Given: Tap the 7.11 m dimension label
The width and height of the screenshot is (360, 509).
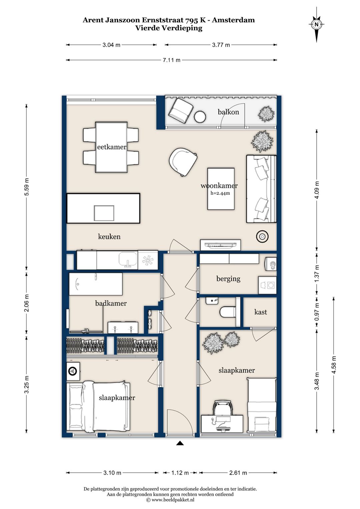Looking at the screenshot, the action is coord(171,60).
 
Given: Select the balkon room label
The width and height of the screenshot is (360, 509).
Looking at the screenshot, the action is coord(228,112).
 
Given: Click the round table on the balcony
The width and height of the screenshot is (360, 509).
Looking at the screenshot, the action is coord(200,117).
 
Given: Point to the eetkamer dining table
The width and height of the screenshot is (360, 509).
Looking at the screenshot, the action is coord(111,147).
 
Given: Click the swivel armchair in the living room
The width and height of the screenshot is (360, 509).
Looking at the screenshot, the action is coord(183,162).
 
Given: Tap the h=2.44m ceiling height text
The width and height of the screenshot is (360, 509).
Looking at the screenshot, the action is coord(220,193).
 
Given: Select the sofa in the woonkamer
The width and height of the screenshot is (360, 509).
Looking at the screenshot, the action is coord(261,189).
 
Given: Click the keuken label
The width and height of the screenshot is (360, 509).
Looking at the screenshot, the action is coord(109,236).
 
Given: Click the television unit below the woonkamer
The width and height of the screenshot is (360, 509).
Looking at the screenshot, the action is coord(220,245).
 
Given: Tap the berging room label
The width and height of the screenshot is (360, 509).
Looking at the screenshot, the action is coord(228,279).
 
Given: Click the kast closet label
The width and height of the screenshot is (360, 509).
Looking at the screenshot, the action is coord(261,312).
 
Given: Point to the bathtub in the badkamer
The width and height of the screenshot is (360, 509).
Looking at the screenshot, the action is coord(96,284).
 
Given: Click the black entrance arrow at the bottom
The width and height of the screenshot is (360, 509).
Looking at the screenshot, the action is coord(180,443).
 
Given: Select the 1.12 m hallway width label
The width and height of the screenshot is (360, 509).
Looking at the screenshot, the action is coord(180,473).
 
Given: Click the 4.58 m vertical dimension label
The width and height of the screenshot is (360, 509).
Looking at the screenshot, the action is coord(334,365).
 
